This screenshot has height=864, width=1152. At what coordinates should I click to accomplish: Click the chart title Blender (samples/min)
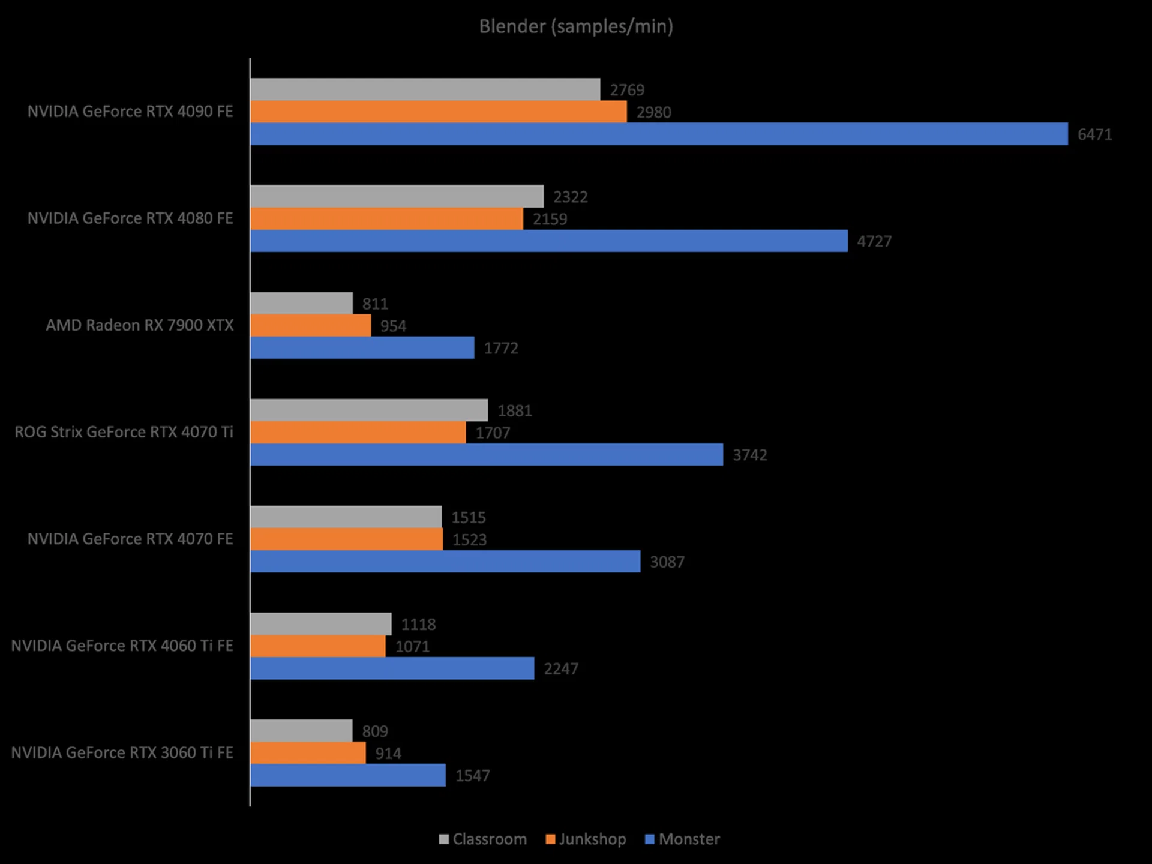(576, 26)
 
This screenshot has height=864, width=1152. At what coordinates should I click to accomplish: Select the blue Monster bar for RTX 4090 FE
(659, 134)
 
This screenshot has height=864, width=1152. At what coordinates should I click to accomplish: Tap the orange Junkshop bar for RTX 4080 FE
(386, 219)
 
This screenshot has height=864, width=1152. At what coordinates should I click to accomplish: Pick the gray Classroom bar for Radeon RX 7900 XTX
(301, 303)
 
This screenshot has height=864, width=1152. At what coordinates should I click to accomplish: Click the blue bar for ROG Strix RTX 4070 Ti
(487, 455)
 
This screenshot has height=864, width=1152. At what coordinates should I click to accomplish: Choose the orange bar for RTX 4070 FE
(346, 539)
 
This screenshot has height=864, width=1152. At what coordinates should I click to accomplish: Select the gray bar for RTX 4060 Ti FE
(321, 624)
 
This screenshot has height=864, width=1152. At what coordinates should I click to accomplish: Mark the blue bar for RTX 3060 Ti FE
(348, 775)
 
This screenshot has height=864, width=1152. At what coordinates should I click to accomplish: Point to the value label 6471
(1094, 134)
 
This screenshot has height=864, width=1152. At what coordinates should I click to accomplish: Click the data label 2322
(570, 197)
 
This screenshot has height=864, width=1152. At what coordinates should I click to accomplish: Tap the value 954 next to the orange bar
(393, 326)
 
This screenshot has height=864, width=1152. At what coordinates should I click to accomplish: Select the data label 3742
(749, 455)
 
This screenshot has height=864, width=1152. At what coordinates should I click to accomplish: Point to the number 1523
(469, 540)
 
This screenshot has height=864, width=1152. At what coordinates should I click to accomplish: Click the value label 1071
(412, 647)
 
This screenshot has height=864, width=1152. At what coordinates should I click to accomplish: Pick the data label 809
(375, 731)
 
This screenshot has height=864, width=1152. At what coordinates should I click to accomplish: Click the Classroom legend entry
(483, 839)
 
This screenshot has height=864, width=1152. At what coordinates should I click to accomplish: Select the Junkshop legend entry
(586, 839)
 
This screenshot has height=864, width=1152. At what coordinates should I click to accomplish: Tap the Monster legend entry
(682, 839)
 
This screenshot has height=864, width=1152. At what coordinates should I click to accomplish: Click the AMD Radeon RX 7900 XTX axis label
(139, 325)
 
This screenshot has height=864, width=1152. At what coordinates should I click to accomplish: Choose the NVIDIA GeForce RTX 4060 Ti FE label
(122, 646)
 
